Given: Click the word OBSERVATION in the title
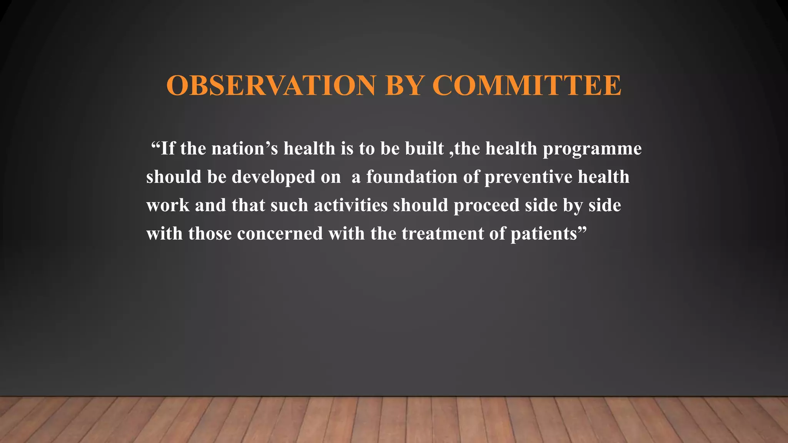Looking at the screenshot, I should pos(270,85).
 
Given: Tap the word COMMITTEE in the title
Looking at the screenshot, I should pos(526,85).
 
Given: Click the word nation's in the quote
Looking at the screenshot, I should pos(245,149).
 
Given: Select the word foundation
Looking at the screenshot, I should pos(412,177).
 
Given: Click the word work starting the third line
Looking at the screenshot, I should pos(168,205).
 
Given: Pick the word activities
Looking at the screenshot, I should pos(351,205).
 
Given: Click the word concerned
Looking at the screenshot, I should pos(280,234).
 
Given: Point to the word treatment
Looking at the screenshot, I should pos(442,234).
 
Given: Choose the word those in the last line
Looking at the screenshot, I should pos(210,234).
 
